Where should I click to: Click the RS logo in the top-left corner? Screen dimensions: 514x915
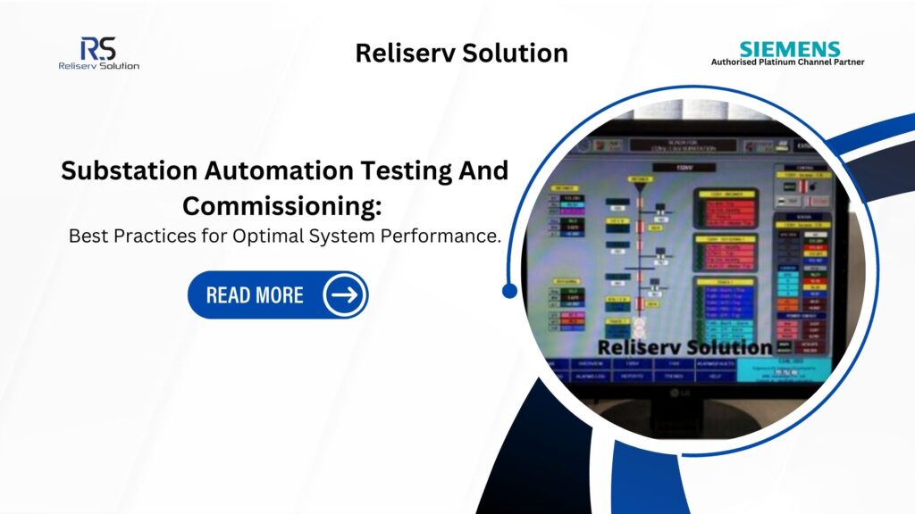(x=97, y=48)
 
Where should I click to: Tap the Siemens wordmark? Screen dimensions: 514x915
(x=789, y=49)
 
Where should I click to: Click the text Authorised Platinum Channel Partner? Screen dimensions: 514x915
(x=787, y=62)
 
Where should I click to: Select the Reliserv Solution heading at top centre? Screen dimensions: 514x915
(x=461, y=53)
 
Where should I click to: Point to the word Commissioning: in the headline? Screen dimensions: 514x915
(x=282, y=204)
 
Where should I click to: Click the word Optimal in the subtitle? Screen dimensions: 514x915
(x=305, y=237)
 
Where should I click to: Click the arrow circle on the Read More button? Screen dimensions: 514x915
(x=344, y=294)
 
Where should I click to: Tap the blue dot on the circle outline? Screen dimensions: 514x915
(x=510, y=290)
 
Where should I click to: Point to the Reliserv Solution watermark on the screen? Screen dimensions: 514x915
(x=684, y=347)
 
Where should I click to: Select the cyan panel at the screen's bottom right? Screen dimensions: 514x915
(x=803, y=369)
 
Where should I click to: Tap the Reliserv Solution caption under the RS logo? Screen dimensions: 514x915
(x=98, y=65)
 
